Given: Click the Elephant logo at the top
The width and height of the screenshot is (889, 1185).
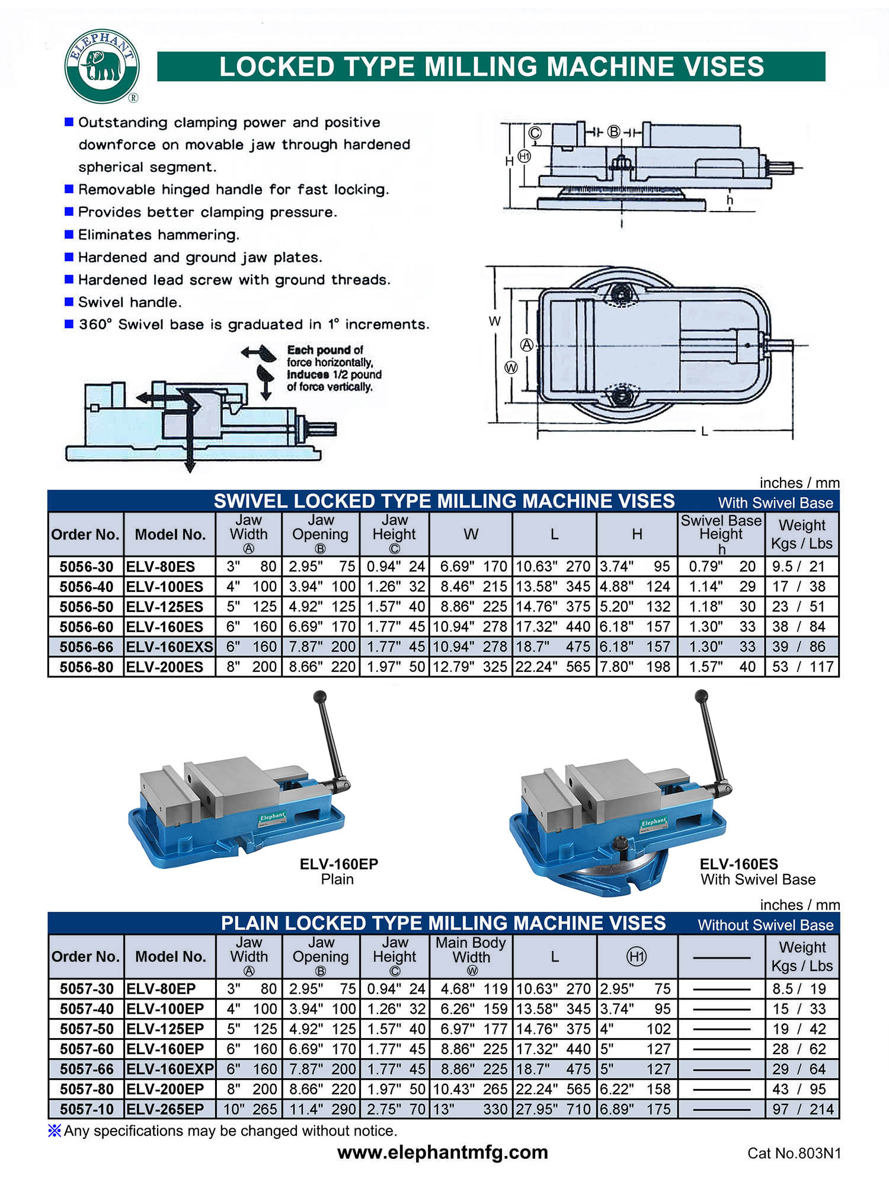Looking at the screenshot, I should point(102,66).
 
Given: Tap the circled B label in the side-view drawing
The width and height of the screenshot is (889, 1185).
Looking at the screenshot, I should point(614,132).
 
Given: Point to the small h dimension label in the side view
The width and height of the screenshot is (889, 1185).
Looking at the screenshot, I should point(730,200).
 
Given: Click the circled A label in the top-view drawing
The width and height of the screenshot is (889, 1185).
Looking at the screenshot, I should point(526,345).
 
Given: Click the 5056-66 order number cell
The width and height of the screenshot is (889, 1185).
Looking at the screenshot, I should point(86,646).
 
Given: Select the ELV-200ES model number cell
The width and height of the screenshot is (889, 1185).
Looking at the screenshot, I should point(165,667).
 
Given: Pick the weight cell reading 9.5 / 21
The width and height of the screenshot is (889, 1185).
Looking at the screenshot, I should point(798,566).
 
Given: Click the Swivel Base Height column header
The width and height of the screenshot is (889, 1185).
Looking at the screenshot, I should point(721,534).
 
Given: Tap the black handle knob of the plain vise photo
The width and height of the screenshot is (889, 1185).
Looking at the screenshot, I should point(320,696).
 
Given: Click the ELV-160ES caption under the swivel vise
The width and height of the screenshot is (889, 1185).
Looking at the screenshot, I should point(738,864).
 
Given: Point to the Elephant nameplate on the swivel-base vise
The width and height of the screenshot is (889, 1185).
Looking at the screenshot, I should point(654,822).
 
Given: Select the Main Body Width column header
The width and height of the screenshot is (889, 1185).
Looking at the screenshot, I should point(471,956).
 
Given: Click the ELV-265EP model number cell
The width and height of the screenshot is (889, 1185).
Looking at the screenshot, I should point(165,1109).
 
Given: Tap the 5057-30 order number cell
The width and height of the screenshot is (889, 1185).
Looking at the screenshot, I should point(87,989).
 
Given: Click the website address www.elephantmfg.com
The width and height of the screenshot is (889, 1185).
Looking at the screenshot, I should point(443,1152).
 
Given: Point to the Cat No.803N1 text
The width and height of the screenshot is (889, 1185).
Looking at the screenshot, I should point(794,1153).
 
